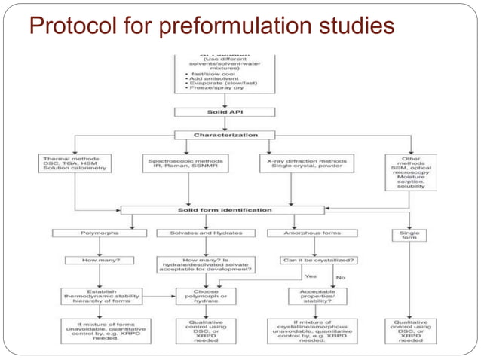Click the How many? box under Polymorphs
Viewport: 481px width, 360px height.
96,261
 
